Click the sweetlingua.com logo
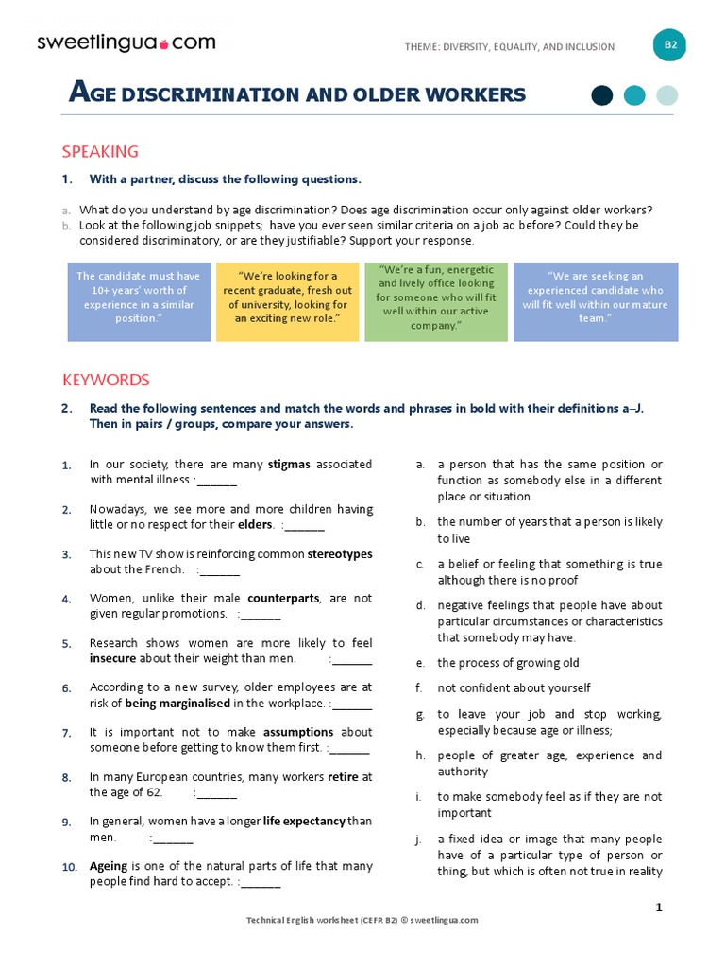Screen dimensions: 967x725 [126, 42]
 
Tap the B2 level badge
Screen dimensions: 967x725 [670, 45]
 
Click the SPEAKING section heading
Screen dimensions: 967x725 [100, 152]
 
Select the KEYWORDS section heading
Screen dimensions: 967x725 [106, 381]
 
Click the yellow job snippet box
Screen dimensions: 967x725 [287, 297]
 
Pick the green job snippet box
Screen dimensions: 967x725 [436, 297]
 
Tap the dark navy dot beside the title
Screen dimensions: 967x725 [601, 94]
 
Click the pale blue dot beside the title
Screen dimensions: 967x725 [667, 94]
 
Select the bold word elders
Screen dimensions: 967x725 [256, 525]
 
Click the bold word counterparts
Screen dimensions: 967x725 [283, 599]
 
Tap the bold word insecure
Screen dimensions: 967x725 [112, 658]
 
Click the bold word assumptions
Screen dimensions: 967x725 [298, 732]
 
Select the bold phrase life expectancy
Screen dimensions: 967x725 [304, 822]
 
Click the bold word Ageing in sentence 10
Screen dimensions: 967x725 [109, 866]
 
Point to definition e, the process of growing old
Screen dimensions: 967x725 [508, 664]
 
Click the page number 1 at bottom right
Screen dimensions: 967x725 [659, 908]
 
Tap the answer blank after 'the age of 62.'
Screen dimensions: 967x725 [217, 793]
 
